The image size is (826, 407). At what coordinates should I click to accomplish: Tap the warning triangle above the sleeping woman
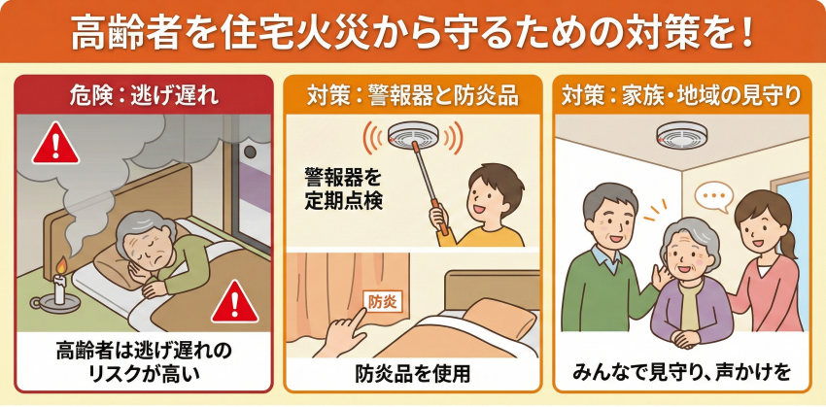click(x=55, y=143)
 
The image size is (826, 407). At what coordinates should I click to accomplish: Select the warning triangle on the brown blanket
click(x=235, y=302)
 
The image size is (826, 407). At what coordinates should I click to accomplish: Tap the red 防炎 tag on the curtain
click(x=379, y=302)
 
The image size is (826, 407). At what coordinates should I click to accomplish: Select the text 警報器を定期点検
click(x=342, y=188)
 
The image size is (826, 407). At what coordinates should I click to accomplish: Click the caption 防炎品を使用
click(x=412, y=374)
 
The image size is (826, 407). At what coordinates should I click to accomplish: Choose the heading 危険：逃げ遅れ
click(x=144, y=96)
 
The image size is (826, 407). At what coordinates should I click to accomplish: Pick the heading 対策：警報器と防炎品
click(x=413, y=96)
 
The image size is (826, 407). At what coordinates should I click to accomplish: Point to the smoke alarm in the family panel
click(x=681, y=135)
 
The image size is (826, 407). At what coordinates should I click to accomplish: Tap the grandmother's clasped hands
click(x=686, y=337)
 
